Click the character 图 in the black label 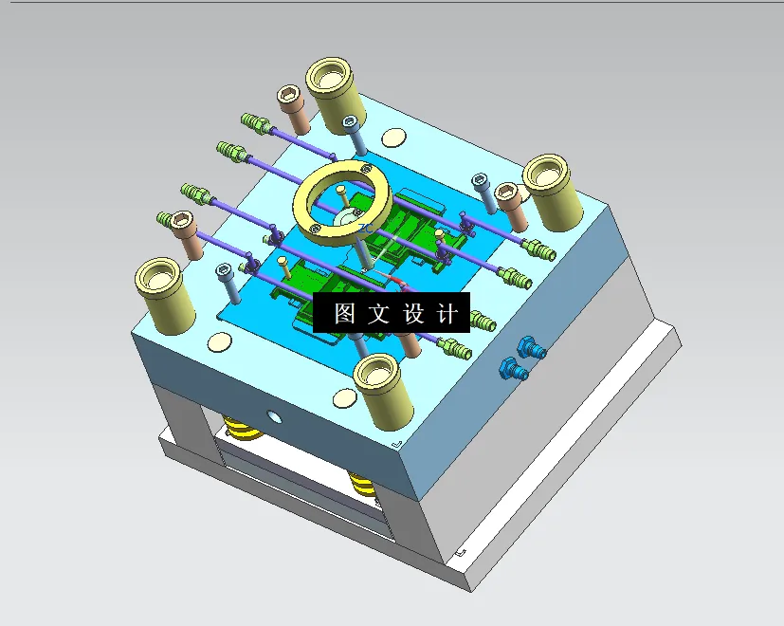[x=344, y=314]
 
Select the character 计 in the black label [x=447, y=314]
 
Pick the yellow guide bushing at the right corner [x=553, y=190]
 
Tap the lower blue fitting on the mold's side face [x=513, y=368]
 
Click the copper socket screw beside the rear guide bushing [x=293, y=107]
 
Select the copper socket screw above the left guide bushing [x=185, y=234]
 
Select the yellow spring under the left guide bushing [x=241, y=432]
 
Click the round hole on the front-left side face [x=275, y=416]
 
